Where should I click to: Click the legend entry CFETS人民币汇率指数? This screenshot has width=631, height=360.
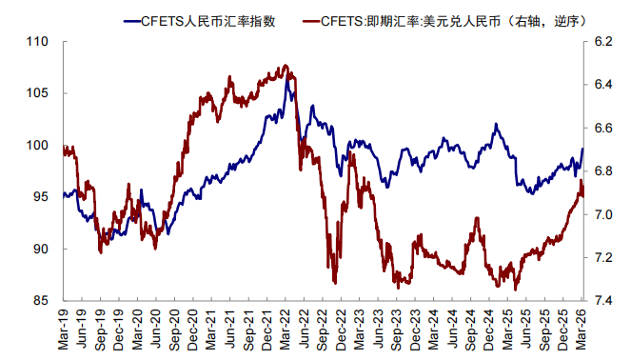click(200, 21)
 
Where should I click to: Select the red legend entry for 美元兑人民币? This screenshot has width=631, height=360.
click(444, 21)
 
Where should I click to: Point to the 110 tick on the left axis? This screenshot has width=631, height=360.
click(37, 42)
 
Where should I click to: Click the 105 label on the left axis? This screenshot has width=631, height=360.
click(37, 93)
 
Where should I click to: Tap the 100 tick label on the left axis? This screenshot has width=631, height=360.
click(37, 145)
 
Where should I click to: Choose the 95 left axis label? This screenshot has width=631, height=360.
click(41, 197)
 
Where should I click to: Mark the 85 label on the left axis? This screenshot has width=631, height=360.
click(41, 300)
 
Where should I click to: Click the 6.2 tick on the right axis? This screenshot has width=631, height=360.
click(602, 42)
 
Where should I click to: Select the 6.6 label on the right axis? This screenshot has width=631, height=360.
click(602, 128)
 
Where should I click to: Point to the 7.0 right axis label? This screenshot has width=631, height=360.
click(602, 214)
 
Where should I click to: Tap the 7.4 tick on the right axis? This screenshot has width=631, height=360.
click(602, 300)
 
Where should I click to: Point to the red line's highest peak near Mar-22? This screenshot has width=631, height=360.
click(286, 65)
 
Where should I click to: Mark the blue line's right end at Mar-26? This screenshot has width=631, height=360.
click(582, 149)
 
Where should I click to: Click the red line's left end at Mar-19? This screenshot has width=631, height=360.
click(64, 149)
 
